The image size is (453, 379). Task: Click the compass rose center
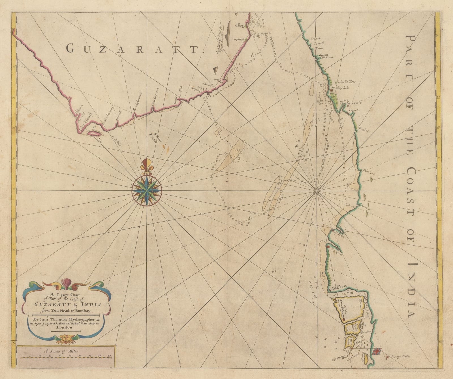147,191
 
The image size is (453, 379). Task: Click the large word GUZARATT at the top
131,49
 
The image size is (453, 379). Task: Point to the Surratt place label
354,104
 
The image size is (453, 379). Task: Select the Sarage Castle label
399,357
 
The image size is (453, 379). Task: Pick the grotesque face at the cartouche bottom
65,337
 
